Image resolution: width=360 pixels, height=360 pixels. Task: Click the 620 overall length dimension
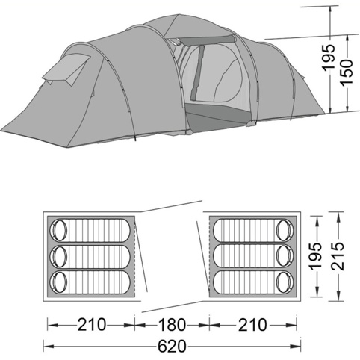click(x=172, y=346)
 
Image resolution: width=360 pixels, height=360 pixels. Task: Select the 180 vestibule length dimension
click(x=172, y=325)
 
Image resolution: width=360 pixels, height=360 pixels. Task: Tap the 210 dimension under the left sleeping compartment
click(x=92, y=325)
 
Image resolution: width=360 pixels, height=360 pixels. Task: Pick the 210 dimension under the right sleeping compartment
click(x=252, y=325)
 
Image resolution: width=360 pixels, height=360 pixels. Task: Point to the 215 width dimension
click(x=338, y=255)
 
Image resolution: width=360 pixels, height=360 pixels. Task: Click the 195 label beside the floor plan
click(x=315, y=255)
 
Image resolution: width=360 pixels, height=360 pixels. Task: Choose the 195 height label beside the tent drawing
click(x=328, y=58)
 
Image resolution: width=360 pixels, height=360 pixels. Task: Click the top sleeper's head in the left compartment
click(x=60, y=230)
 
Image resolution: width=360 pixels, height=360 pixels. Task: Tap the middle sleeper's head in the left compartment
click(x=60, y=257)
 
